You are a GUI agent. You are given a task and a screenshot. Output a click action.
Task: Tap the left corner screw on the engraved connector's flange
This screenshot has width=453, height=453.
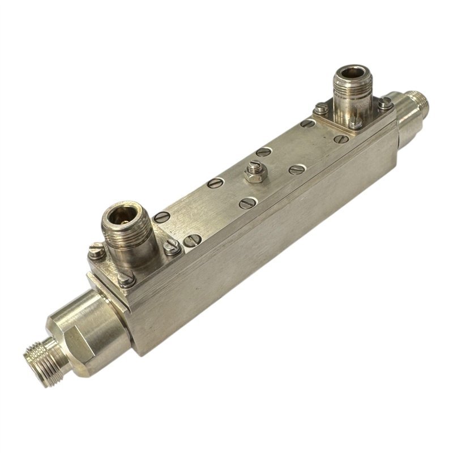[320, 108]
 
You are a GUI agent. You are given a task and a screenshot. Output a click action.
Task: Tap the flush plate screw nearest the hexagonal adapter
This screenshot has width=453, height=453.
[161, 217]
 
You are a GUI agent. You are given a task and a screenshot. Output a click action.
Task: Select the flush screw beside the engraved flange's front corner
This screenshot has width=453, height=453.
[340, 139]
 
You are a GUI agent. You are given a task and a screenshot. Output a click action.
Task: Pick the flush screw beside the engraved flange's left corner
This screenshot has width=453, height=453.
[307, 123]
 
